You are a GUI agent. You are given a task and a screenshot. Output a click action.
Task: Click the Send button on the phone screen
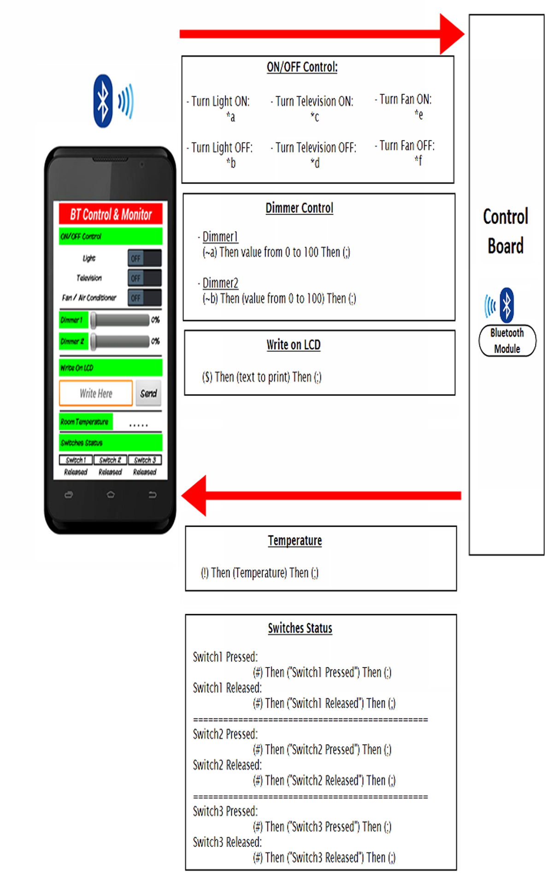(x=148, y=393)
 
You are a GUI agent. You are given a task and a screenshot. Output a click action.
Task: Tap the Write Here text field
(x=96, y=393)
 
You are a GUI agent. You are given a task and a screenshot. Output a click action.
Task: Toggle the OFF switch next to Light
(x=144, y=258)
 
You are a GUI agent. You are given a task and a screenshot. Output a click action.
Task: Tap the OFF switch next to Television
(x=144, y=278)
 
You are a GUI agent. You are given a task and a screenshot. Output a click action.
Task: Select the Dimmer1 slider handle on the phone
(x=94, y=320)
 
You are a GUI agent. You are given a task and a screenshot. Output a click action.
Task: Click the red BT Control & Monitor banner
(x=111, y=214)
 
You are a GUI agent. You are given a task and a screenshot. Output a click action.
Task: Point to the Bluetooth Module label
(x=507, y=341)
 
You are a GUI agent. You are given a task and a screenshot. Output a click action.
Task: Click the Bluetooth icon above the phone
(x=103, y=101)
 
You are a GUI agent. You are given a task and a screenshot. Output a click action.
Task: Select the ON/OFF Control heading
(x=302, y=67)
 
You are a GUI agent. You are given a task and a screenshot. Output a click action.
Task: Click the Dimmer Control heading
(x=299, y=208)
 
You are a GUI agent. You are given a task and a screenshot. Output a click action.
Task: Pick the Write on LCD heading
(x=293, y=345)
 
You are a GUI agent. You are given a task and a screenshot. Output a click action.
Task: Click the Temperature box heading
(x=295, y=541)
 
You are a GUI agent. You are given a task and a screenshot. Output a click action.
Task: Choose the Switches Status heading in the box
(x=300, y=628)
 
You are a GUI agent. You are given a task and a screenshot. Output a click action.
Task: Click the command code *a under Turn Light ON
(x=231, y=117)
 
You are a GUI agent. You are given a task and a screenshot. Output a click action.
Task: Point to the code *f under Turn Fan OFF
(x=418, y=160)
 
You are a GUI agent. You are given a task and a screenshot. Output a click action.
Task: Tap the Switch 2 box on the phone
(x=110, y=460)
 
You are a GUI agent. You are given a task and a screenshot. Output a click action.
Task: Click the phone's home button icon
(x=111, y=495)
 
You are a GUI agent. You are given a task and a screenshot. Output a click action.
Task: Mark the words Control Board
(x=506, y=231)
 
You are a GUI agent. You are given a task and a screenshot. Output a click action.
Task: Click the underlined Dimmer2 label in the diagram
(x=220, y=283)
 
